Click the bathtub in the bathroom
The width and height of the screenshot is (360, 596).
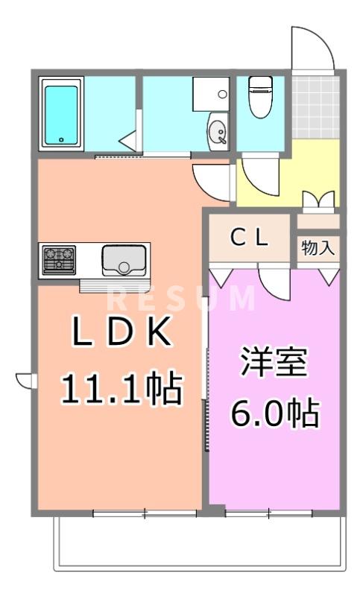(x=62, y=115)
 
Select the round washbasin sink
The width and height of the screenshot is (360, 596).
(x=217, y=133)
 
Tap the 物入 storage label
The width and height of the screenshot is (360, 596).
(x=318, y=248)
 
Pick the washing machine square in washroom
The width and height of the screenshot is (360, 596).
(x=212, y=94)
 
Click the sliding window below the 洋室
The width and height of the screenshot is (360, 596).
(x=268, y=513)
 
